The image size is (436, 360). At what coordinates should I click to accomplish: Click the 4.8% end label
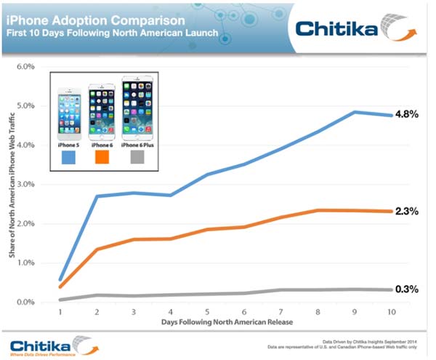click(x=405, y=115)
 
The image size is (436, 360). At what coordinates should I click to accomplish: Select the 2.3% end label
click(x=405, y=211)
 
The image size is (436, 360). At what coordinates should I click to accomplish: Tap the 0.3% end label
click(x=405, y=289)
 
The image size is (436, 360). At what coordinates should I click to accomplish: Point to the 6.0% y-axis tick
click(x=25, y=66)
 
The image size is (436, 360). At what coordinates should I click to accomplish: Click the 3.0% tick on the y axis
click(x=25, y=184)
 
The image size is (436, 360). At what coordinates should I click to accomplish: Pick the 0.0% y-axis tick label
click(x=25, y=302)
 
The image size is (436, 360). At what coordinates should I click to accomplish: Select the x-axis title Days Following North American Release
click(x=219, y=322)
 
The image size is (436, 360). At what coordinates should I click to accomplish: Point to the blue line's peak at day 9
click(x=355, y=112)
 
